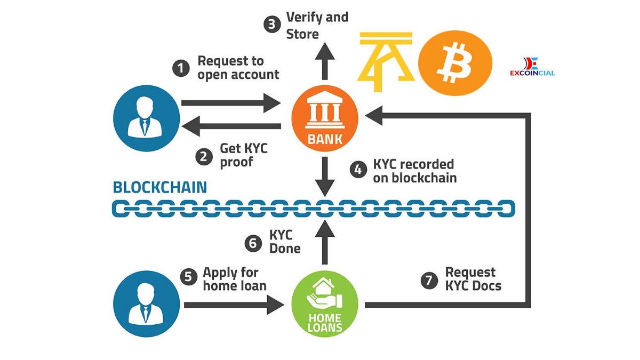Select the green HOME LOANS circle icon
[325, 305]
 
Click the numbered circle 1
[181, 68]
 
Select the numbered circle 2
[203, 156]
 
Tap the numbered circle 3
[272, 25]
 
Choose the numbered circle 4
[358, 170]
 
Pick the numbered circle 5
[187, 277]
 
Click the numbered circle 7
[429, 280]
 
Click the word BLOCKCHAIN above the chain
[160, 187]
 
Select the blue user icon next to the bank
[145, 118]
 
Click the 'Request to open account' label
[238, 68]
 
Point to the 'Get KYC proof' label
[244, 155]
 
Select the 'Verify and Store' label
[317, 25]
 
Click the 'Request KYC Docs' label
[473, 279]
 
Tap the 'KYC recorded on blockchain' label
[414, 171]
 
